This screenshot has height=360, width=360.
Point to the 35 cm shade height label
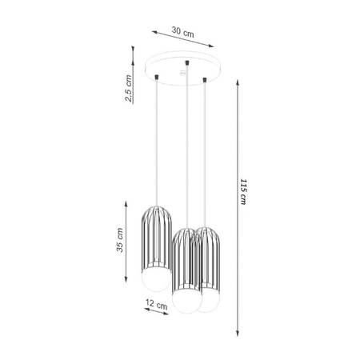[x=119, y=241]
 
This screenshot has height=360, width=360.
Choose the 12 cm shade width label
[x=156, y=305]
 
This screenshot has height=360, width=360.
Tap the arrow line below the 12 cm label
[x=155, y=313]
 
